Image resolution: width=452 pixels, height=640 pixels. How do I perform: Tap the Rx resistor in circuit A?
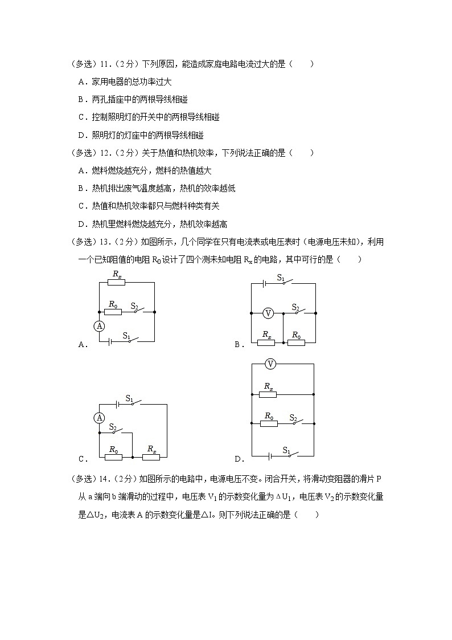116,282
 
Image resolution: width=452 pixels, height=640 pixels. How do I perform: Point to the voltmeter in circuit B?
269,313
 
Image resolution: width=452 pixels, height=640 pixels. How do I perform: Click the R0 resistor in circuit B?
296,342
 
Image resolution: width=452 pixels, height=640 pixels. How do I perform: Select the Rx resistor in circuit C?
151,456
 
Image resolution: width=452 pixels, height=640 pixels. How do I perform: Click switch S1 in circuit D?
290,454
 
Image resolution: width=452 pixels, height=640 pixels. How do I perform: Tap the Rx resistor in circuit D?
268,394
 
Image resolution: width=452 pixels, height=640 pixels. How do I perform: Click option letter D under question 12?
81,224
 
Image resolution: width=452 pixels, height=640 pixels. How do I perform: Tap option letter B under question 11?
81,100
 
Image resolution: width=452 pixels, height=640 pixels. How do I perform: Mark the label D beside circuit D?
238,459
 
